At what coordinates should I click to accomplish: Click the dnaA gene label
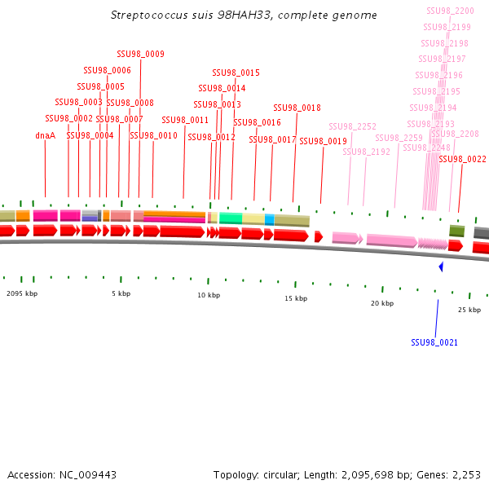tap(45, 135)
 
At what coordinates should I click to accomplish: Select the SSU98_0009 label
tap(141, 54)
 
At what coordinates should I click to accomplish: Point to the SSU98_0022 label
tap(462, 159)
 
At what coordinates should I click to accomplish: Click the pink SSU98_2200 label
tap(450, 11)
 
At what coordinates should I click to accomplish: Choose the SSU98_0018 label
tap(297, 108)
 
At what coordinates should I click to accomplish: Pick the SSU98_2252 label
tap(352, 126)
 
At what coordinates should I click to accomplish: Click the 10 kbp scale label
tap(209, 295)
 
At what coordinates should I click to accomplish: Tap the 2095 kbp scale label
tap(22, 293)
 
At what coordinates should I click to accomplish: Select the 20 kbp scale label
tap(381, 303)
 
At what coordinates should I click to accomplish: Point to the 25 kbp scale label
tap(469, 310)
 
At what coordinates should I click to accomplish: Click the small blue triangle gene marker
tap(441, 267)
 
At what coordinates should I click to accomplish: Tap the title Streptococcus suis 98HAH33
tap(244, 15)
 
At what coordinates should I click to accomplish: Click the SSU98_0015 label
tap(236, 73)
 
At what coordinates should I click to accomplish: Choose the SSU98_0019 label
tap(323, 141)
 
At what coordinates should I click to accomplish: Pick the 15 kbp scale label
tap(296, 298)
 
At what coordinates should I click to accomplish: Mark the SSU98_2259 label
tap(399, 138)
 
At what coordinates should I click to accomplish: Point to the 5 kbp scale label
tap(121, 293)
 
